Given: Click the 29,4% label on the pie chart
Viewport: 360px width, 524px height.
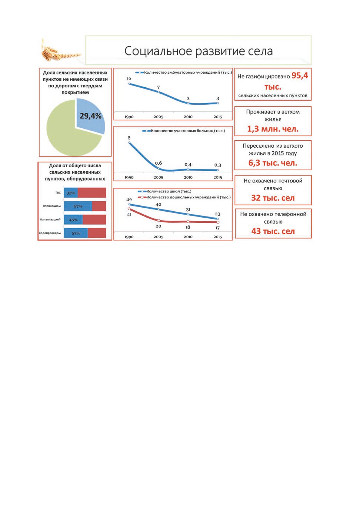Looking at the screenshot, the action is click(91, 116).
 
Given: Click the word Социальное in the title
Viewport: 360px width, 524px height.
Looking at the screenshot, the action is click(158, 51).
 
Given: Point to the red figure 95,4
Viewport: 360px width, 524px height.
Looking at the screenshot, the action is click(300, 75).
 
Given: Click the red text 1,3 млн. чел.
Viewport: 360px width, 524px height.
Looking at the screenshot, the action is click(273, 129).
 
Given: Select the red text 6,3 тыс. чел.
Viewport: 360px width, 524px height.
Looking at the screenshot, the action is click(273, 163).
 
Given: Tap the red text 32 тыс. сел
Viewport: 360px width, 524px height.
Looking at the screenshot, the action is click(273, 198).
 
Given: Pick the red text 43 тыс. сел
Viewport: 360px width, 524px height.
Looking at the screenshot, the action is click(273, 231).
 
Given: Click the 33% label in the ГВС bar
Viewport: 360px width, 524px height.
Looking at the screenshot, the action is click(71, 193).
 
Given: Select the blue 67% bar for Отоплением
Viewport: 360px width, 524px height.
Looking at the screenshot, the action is click(78, 206).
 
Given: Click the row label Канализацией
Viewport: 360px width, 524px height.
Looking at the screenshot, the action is click(50, 219).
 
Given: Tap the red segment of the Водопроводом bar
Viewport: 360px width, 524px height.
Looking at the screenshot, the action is click(97, 233).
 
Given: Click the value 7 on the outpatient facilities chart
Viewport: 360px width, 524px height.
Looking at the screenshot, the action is click(159, 87).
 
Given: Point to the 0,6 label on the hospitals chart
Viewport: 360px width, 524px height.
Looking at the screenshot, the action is click(159, 163).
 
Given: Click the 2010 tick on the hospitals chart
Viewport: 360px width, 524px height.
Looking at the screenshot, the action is click(188, 177).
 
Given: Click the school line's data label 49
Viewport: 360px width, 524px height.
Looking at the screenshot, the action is click(129, 199).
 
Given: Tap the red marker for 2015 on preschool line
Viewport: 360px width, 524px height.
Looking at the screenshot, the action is click(218, 222).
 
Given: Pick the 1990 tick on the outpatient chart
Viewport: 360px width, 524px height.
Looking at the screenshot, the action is click(129, 117).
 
